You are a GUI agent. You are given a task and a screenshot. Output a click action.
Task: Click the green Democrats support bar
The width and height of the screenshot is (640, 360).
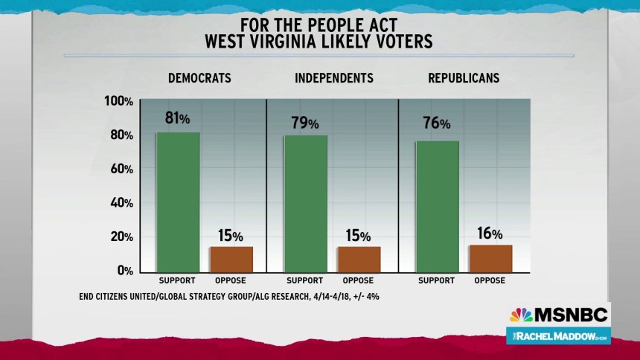178,202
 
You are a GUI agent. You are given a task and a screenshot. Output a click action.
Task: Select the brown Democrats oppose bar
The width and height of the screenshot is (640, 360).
231,258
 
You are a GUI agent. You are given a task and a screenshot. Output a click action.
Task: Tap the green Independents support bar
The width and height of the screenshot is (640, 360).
305,203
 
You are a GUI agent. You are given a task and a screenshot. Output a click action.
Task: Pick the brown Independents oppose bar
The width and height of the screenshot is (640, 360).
359,258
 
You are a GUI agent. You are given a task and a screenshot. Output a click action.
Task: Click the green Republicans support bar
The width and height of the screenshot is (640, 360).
437,206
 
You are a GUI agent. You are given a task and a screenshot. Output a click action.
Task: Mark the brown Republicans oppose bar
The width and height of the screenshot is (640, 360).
490,257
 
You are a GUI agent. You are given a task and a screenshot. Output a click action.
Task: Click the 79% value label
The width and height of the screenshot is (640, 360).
305,122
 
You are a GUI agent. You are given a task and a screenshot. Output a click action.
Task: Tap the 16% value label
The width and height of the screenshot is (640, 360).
490,233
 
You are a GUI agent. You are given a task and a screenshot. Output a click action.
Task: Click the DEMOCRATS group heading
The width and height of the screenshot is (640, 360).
199,78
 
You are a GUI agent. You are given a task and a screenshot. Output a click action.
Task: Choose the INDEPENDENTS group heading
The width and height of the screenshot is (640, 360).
334,78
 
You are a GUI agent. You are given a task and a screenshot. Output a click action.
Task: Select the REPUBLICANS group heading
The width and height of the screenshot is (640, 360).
464,78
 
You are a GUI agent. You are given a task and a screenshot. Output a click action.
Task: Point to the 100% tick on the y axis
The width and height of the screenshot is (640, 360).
119,101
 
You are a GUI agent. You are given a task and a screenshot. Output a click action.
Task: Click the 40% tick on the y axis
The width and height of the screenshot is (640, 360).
121,202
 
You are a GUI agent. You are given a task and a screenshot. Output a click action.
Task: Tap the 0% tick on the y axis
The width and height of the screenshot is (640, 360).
124,271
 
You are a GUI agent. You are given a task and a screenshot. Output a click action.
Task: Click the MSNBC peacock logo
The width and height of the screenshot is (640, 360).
521,315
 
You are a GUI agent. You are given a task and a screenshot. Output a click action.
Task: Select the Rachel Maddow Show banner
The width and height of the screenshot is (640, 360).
558,335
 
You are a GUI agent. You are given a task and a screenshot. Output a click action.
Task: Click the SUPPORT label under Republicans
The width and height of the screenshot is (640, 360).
436,281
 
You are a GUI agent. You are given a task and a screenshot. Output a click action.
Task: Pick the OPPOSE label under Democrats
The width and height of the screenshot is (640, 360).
231,281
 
